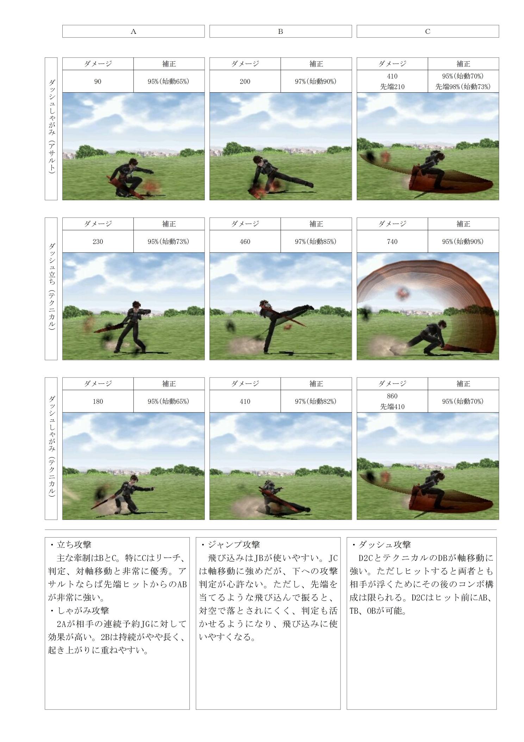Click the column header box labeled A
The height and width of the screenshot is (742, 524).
click(x=133, y=31)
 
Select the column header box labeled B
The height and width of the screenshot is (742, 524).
click(x=281, y=31)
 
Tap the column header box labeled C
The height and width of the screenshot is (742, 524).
click(x=428, y=31)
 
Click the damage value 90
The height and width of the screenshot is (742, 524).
click(x=98, y=81)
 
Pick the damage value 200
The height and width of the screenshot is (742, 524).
click(x=245, y=81)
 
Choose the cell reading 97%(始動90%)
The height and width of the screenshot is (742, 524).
click(x=316, y=81)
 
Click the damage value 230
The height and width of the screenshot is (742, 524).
click(x=98, y=241)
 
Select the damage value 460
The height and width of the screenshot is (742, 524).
click(x=245, y=241)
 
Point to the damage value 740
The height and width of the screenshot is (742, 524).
click(x=392, y=241)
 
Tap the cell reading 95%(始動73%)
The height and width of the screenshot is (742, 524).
click(x=169, y=241)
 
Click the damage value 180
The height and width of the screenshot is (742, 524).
click(x=98, y=401)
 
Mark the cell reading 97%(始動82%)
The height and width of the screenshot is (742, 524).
click(x=316, y=401)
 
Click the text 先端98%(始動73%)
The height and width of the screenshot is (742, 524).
click(x=463, y=87)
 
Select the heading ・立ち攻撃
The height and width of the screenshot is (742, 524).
click(x=70, y=545)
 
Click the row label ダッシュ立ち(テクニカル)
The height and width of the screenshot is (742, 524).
click(x=51, y=289)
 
